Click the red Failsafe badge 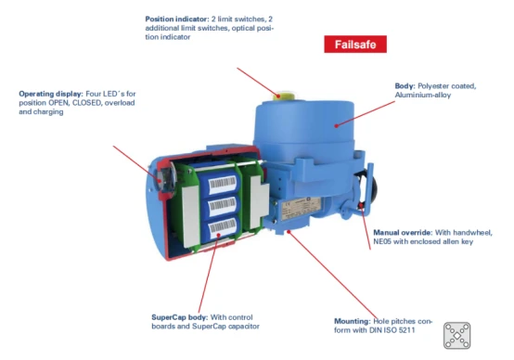click(355, 44)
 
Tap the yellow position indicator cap click(284, 96)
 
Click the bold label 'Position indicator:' click(177, 19)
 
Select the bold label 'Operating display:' click(51, 94)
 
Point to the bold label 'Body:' click(405, 86)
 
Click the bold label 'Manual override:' click(403, 233)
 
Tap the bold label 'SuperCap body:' click(180, 317)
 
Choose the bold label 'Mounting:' click(352, 321)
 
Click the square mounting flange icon click(457, 335)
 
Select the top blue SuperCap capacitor click(218, 184)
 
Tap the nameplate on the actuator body click(301, 208)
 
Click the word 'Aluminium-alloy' click(423, 95)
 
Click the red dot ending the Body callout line click(337, 125)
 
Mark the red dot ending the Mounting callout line click(289, 232)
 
